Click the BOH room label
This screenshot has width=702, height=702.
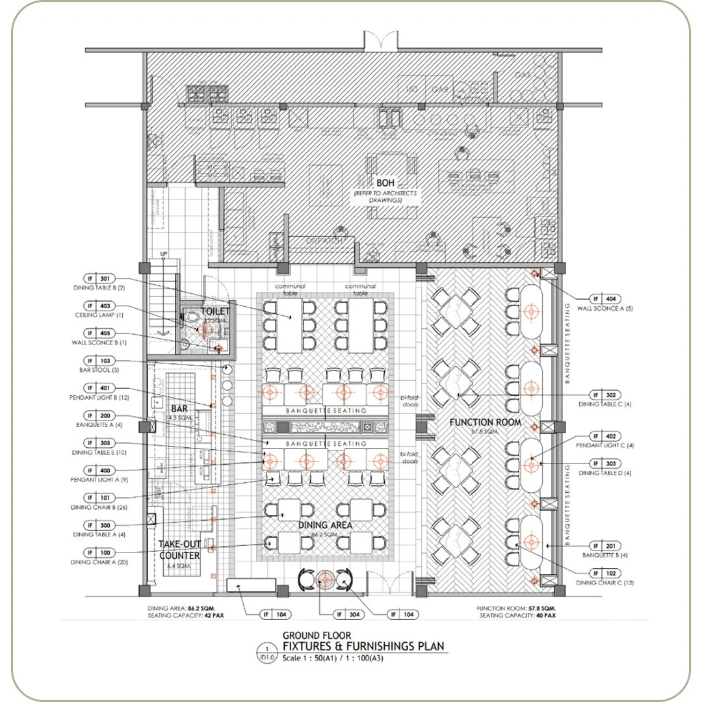click(x=385, y=183)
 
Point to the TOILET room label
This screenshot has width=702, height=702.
click(x=214, y=311)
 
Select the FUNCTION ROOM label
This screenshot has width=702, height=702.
click(x=485, y=422)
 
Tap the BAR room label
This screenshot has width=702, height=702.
click(x=179, y=409)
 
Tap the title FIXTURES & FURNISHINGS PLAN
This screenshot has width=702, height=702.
click(x=363, y=645)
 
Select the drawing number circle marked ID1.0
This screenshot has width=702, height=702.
click(x=266, y=651)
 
